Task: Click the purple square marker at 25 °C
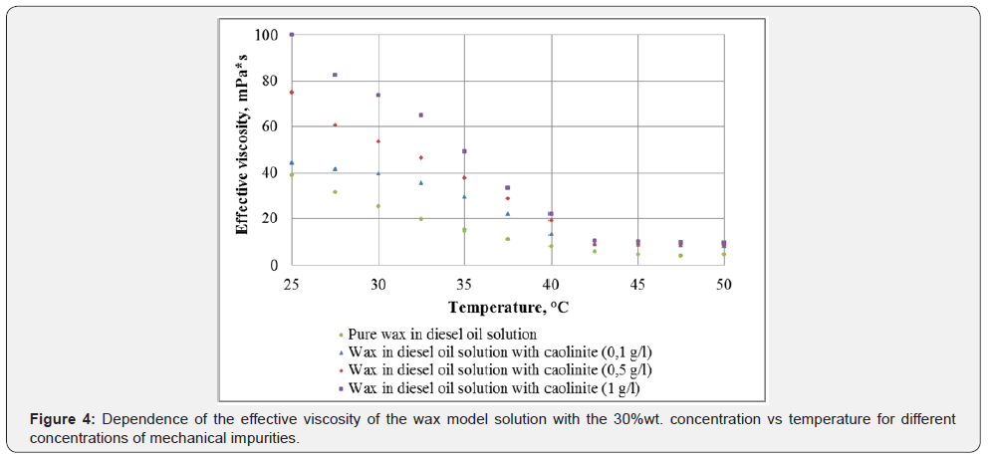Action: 292,35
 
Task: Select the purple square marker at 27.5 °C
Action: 335,75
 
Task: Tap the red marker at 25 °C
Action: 292,93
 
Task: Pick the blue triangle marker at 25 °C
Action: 292,162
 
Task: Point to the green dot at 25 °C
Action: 292,175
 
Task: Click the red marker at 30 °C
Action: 378,141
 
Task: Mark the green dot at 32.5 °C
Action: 421,219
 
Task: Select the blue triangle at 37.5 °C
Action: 507,214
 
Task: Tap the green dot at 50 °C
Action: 724,254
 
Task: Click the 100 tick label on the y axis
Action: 266,35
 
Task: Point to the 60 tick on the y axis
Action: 270,126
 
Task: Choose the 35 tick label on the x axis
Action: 464,283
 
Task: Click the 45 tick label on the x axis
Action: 637,283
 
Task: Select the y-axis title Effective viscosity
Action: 242,149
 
